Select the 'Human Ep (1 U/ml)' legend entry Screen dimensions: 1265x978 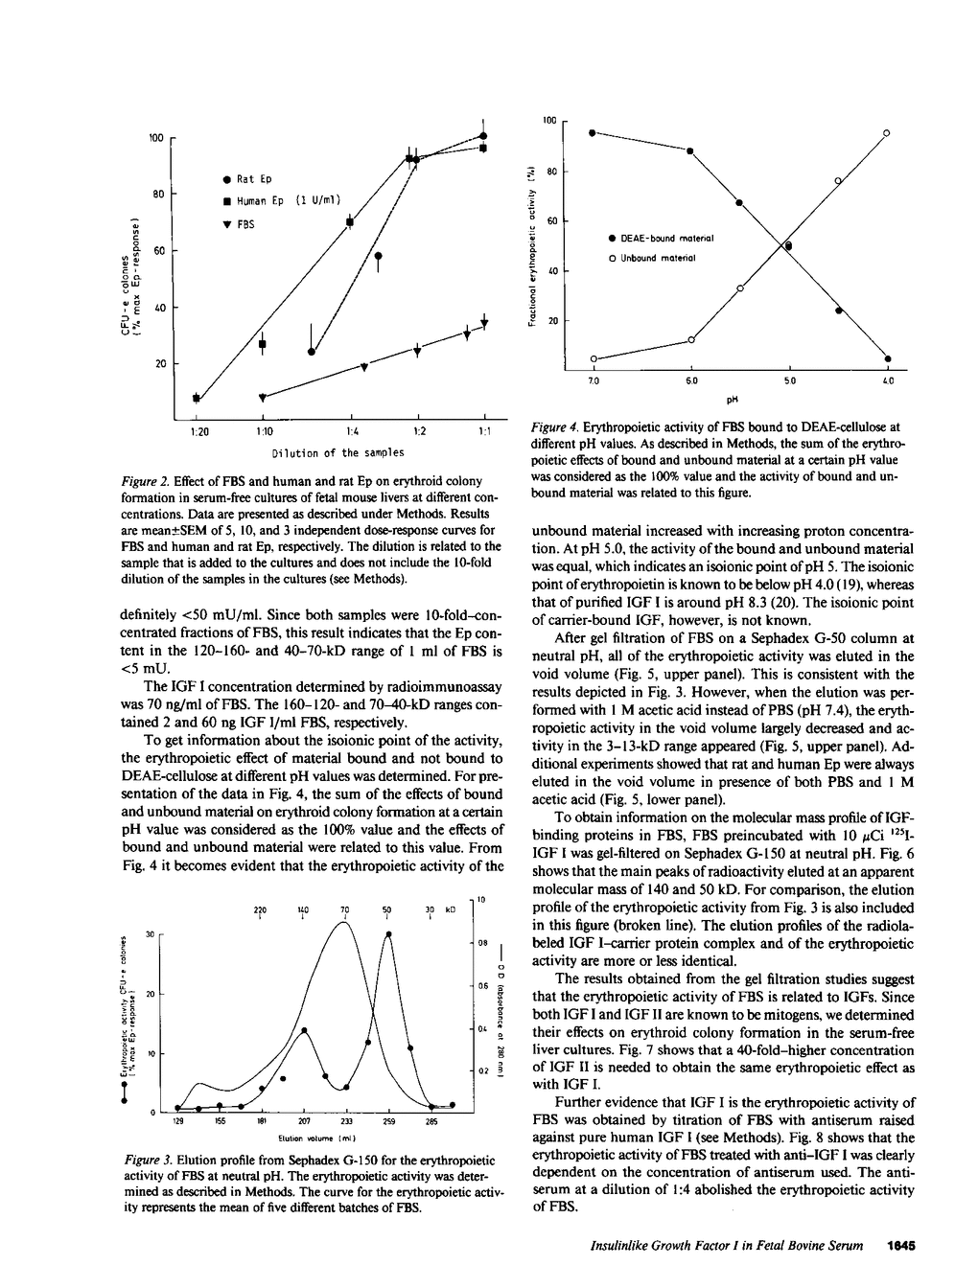(284, 200)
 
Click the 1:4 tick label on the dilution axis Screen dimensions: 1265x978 (350, 431)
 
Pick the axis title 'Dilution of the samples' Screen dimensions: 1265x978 (338, 452)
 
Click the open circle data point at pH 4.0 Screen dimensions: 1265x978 (887, 132)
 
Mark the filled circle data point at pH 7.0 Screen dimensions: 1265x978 (593, 132)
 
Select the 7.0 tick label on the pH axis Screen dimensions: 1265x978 (594, 380)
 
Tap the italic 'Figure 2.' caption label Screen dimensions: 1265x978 (149, 481)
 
